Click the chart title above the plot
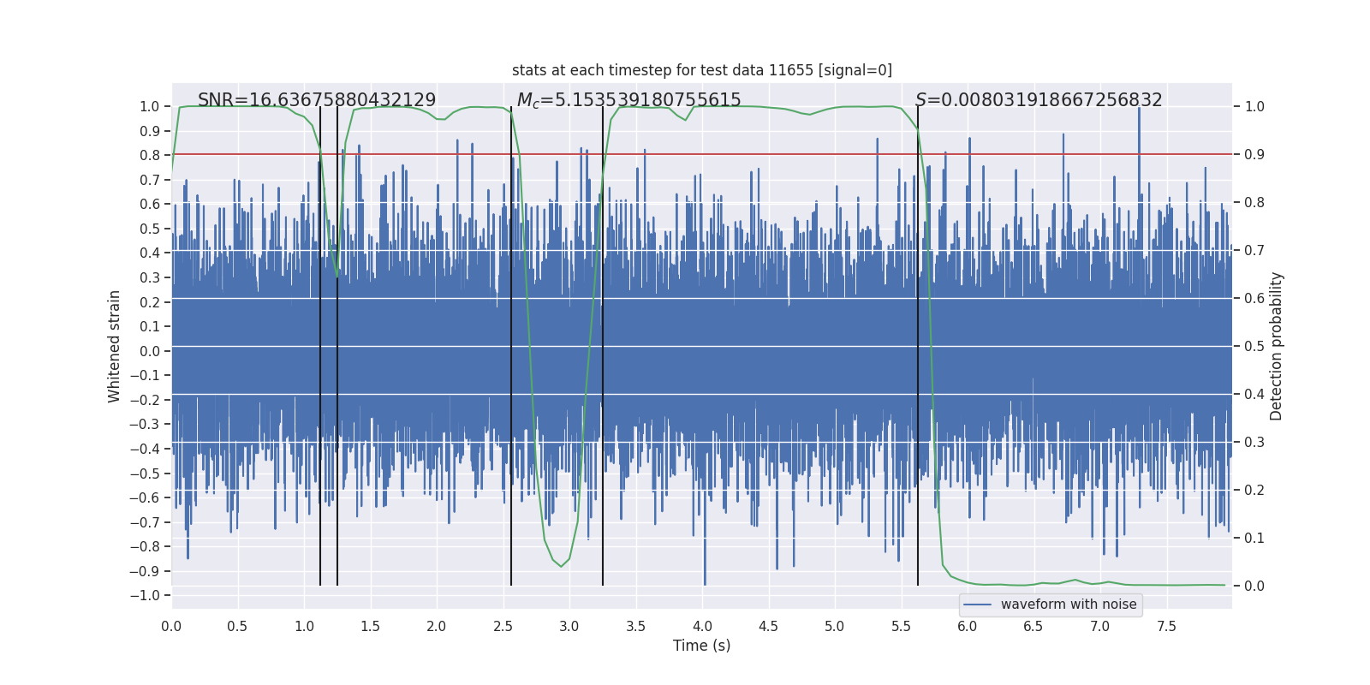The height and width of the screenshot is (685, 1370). (x=701, y=70)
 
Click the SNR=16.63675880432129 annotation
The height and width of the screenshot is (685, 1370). (x=317, y=100)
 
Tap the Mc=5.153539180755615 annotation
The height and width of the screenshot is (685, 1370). (x=628, y=100)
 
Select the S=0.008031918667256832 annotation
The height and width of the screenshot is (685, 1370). (x=1038, y=100)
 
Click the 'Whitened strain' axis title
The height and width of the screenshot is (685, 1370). (x=114, y=346)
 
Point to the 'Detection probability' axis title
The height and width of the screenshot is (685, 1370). (x=1276, y=346)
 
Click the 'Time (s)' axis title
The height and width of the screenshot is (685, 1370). (x=701, y=646)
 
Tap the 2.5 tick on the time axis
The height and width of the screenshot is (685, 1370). (x=503, y=626)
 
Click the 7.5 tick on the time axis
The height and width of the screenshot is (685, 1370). (x=1166, y=626)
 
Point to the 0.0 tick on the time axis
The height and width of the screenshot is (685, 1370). (x=171, y=626)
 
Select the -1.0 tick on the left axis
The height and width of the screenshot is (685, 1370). (x=149, y=595)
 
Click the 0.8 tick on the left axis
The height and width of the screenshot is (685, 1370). (x=151, y=155)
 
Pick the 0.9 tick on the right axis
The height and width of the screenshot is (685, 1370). (x=1254, y=155)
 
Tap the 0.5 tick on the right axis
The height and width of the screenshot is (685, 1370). (x=1254, y=347)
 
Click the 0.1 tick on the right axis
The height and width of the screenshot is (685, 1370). (x=1254, y=539)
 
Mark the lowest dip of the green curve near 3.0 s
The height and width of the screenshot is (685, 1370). (x=562, y=566)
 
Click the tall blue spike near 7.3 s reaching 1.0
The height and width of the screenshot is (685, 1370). (x=1139, y=110)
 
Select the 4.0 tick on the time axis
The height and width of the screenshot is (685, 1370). (x=702, y=626)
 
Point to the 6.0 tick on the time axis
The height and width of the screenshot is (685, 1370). (x=968, y=626)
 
